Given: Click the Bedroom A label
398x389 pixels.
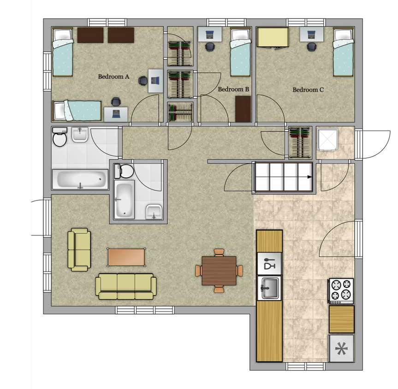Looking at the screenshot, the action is [x=113, y=77].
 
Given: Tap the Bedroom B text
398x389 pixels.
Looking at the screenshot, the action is [x=233, y=89].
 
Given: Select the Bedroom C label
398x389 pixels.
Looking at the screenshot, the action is [x=308, y=89].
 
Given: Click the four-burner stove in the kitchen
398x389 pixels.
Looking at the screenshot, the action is [x=341, y=291].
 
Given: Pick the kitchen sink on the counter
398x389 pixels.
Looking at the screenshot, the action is [x=269, y=288].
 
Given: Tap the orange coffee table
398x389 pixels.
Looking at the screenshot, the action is [x=126, y=257].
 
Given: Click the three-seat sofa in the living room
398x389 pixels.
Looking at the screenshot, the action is [x=126, y=286].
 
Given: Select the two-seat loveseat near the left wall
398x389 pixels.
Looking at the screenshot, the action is [x=79, y=250].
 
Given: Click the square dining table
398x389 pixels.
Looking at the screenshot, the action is [x=219, y=271].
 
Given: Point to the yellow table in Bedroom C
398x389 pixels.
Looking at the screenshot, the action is [x=273, y=37].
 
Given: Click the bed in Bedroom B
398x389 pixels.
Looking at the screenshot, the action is [x=240, y=52].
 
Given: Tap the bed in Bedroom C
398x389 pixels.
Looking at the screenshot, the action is [x=343, y=52].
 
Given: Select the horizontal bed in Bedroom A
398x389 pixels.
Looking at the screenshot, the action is [x=77, y=110].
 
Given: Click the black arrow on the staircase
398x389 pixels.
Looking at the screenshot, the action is [x=309, y=177].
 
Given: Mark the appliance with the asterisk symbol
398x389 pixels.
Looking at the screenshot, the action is [x=341, y=348].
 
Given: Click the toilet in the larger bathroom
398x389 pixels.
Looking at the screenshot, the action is [x=59, y=137].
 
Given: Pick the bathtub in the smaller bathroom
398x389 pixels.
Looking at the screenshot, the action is [x=124, y=200].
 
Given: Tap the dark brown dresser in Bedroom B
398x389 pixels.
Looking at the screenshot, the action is [x=243, y=109].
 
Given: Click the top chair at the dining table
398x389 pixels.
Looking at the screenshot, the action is [x=219, y=253].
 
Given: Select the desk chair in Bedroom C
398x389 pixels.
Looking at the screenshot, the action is [x=311, y=47].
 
